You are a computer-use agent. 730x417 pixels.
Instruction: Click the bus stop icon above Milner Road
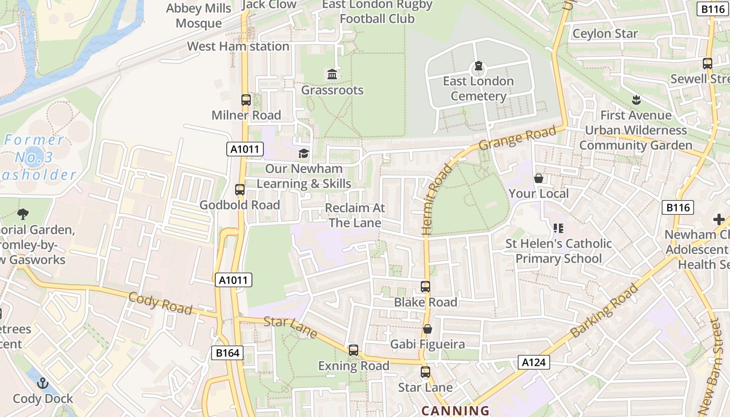(246, 100)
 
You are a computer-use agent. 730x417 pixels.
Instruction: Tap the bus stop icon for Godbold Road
(240, 190)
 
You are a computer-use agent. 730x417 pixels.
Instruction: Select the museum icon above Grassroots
(332, 75)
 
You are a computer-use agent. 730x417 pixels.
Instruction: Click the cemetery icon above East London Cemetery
(478, 67)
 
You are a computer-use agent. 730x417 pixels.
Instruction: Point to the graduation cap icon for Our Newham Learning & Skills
(303, 153)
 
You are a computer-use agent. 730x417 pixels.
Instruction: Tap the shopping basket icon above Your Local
(539, 178)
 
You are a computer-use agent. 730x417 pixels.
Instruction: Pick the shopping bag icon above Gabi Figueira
(428, 329)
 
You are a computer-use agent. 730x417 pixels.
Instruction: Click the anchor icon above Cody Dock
(43, 383)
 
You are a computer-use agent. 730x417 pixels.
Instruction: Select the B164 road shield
(228, 353)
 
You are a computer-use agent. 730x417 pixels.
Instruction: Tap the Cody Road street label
(160, 303)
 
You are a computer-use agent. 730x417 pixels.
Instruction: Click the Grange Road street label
(517, 138)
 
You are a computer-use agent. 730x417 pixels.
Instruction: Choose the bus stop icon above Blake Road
(425, 286)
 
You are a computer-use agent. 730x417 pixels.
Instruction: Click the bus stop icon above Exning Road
(354, 350)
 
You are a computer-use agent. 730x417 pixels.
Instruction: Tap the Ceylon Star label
(605, 34)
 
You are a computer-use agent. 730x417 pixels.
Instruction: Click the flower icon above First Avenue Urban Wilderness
(636, 99)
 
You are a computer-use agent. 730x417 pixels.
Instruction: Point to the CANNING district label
(455, 411)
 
